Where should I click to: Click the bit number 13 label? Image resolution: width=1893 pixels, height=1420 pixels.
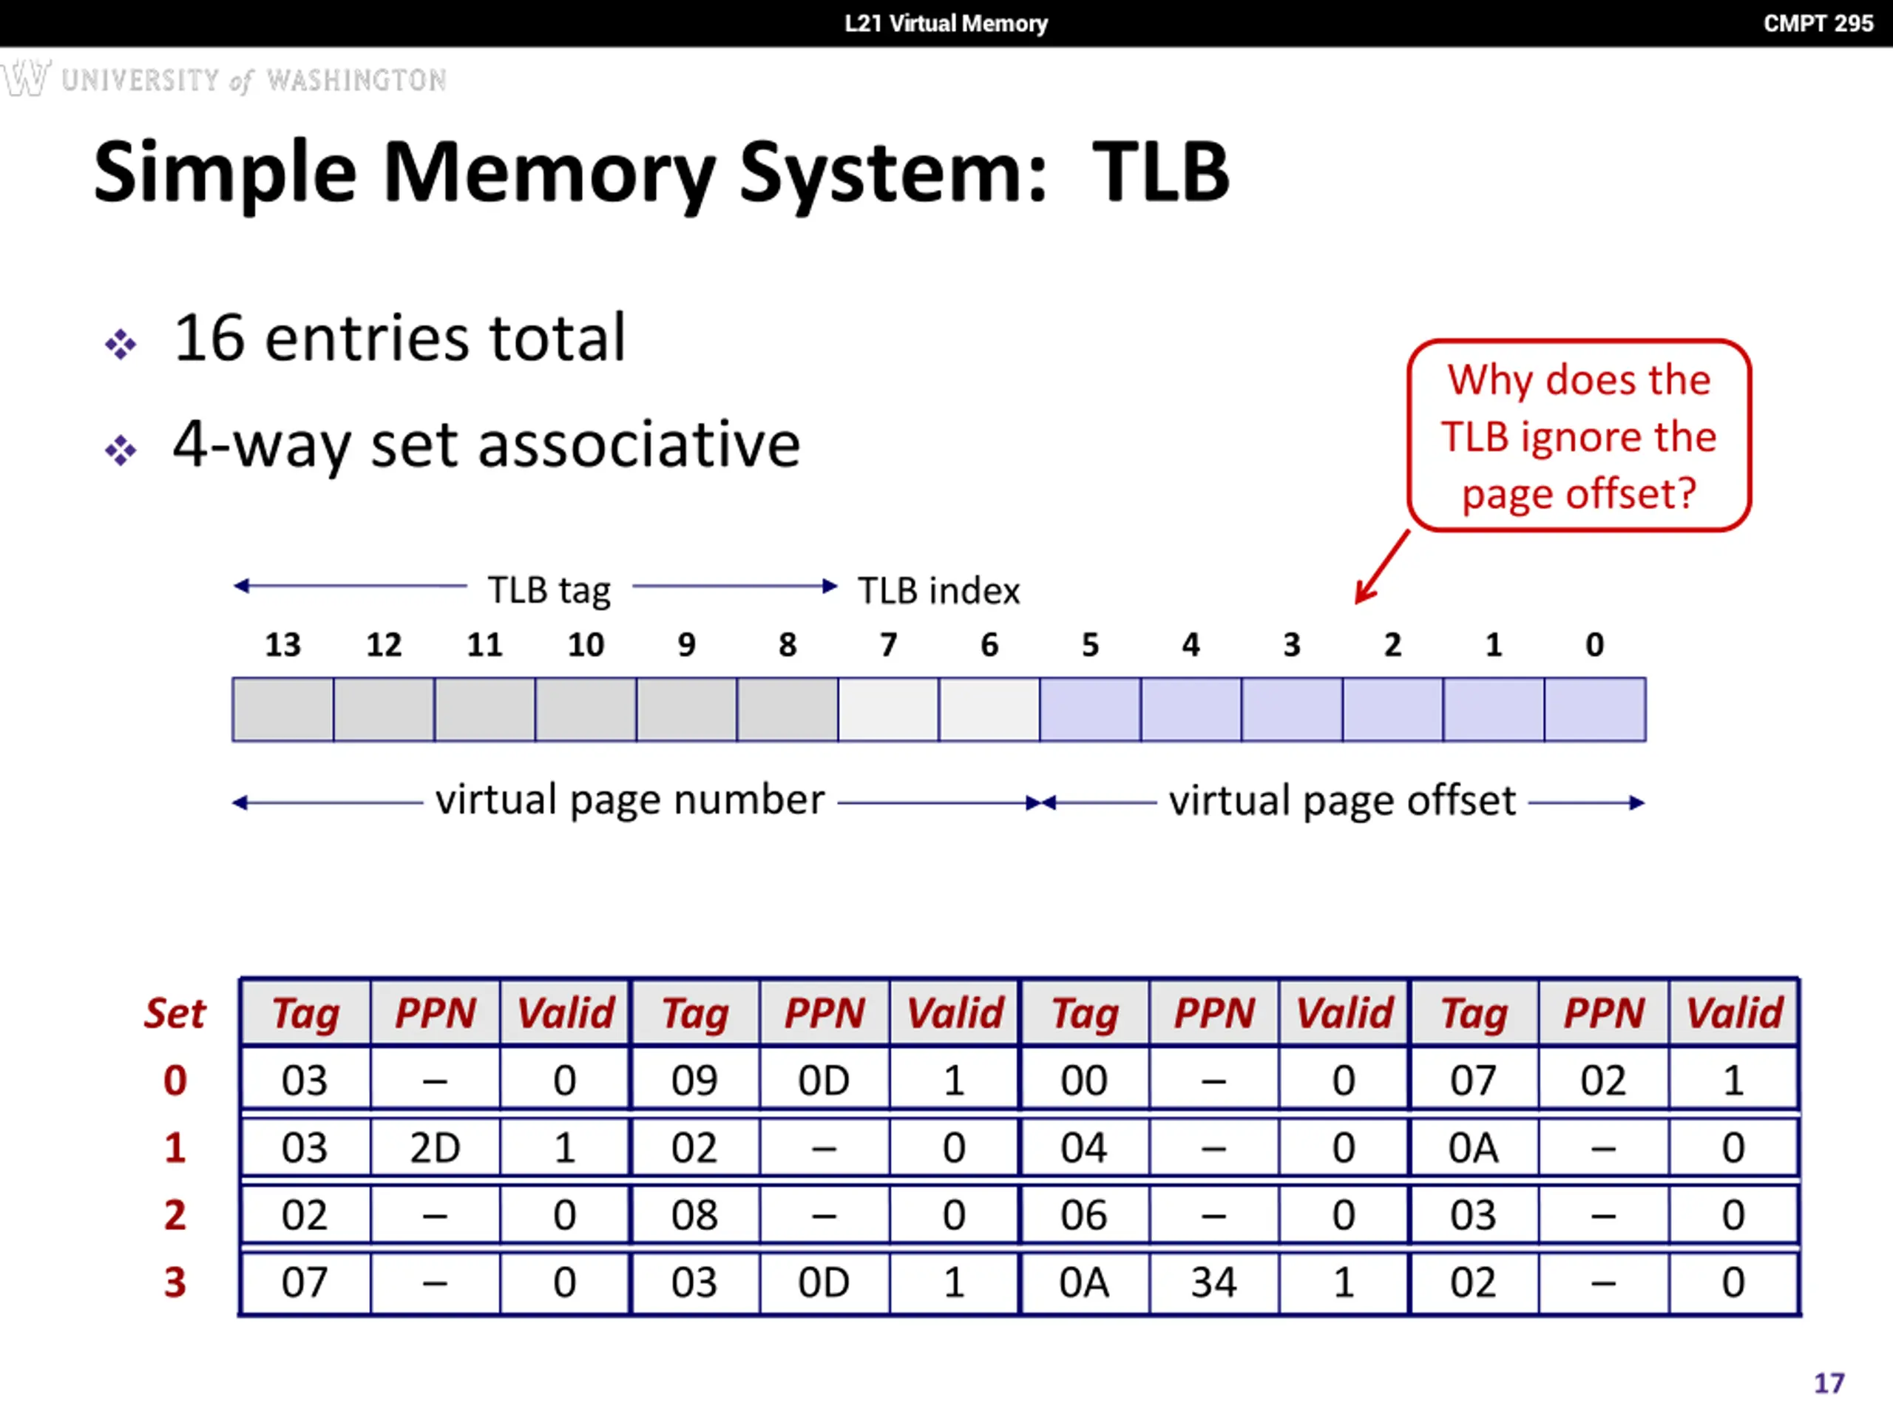(282, 644)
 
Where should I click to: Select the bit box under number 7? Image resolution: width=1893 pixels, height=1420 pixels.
(888, 709)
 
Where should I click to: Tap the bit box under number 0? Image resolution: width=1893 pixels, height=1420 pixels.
(1595, 709)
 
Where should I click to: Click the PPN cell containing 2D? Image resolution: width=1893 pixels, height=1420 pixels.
(435, 1148)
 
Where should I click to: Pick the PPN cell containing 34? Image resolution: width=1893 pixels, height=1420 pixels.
(1213, 1282)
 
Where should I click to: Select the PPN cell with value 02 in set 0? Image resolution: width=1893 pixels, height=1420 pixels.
(1603, 1081)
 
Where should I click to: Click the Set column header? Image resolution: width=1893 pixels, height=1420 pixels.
(175, 1013)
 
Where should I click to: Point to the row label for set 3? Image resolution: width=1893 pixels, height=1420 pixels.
(175, 1282)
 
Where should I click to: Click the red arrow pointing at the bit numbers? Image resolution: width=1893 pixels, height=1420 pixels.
(1382, 567)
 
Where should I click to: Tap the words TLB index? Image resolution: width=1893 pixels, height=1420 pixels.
(939, 591)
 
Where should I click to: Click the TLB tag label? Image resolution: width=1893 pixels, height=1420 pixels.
(549, 591)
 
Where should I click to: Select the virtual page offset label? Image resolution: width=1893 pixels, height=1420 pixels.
(1342, 801)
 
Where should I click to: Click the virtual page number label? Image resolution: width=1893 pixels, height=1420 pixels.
(630, 800)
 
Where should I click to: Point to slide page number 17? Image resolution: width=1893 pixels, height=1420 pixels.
(1829, 1383)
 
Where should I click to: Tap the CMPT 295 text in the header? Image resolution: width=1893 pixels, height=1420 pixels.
(1818, 23)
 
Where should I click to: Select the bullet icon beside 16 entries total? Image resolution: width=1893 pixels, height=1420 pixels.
(121, 344)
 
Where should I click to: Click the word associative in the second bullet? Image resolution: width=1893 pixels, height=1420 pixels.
(638, 444)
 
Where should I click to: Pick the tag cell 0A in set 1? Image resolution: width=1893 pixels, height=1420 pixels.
(1473, 1148)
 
